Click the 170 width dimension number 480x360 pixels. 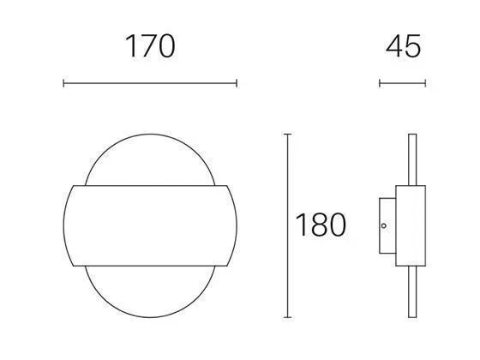(150, 46)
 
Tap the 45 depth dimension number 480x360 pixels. (403, 46)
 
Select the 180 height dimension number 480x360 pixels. (321, 225)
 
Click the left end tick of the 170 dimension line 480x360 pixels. (63, 83)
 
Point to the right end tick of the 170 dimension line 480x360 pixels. (237, 83)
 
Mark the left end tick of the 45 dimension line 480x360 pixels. (380, 83)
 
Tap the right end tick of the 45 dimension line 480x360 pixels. (425, 83)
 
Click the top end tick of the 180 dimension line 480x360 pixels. (287, 134)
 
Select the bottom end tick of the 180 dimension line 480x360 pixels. (287, 317)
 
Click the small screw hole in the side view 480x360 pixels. (384, 225)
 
